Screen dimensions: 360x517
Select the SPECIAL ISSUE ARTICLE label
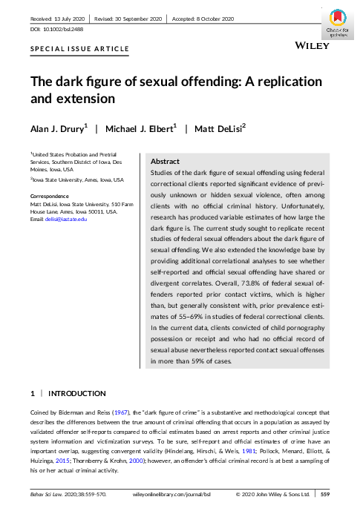79,49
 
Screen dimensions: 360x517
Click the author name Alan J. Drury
55,129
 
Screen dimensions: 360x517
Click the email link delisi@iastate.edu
67,219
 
